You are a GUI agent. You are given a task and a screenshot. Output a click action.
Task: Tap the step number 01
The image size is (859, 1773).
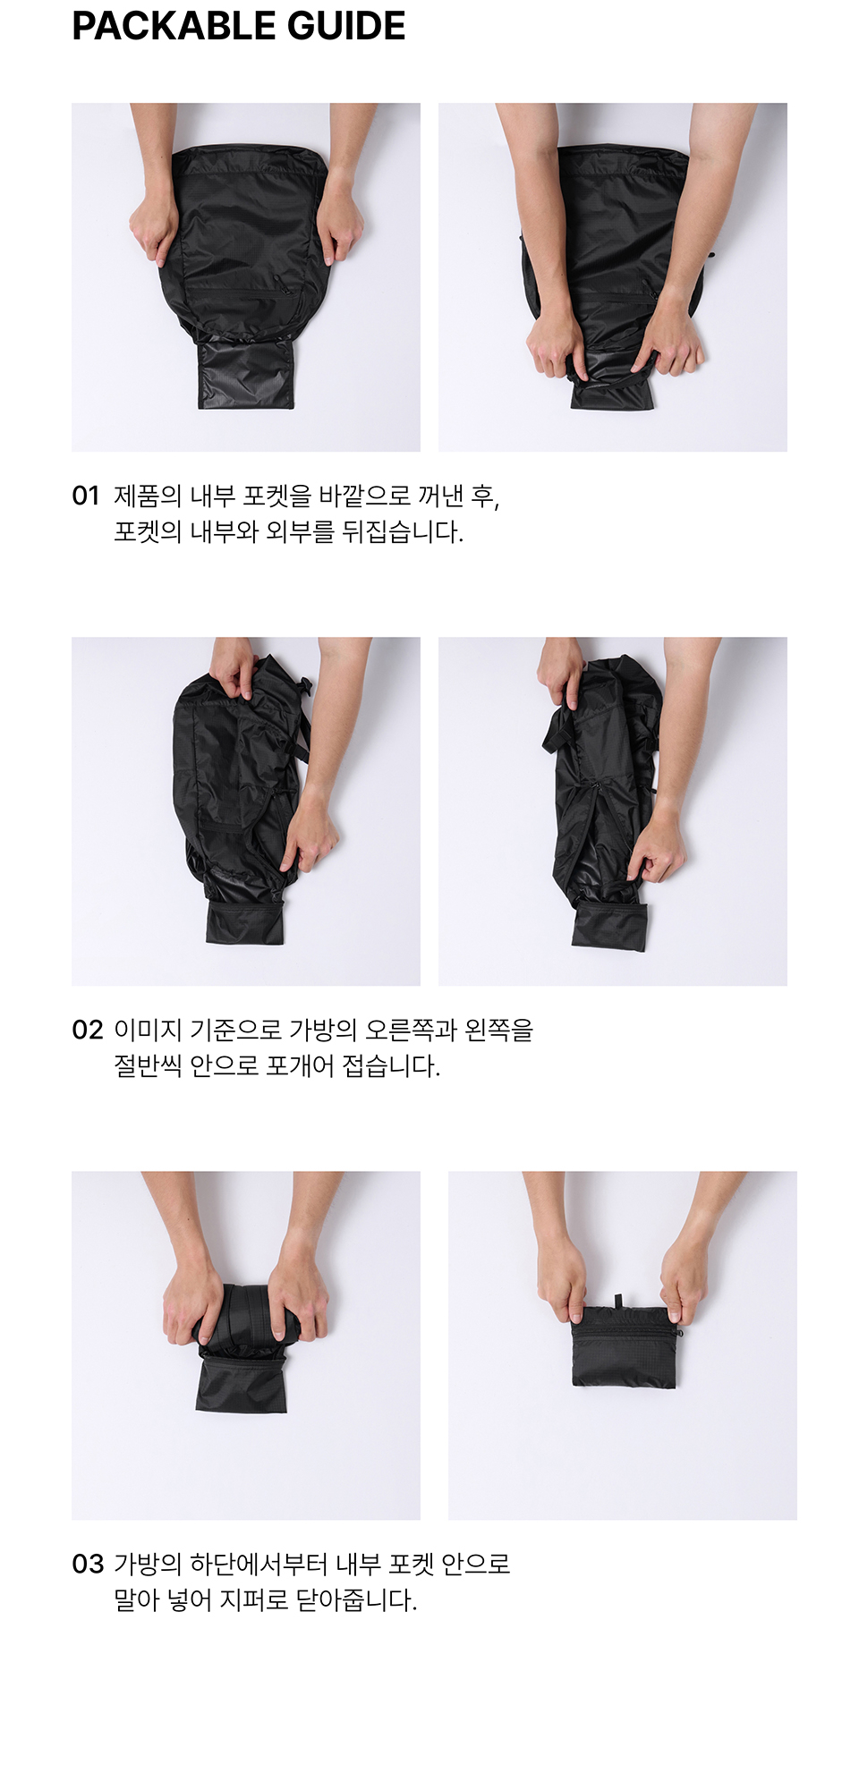point(86,496)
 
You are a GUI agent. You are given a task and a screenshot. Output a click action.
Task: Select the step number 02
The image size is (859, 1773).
point(88,1030)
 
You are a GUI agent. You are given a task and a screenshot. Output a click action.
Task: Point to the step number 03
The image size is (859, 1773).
point(88,1564)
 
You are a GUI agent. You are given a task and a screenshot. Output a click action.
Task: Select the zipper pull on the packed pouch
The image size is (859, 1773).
point(678,1331)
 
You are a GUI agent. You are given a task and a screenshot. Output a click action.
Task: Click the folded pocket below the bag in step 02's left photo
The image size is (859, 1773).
point(244,922)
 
